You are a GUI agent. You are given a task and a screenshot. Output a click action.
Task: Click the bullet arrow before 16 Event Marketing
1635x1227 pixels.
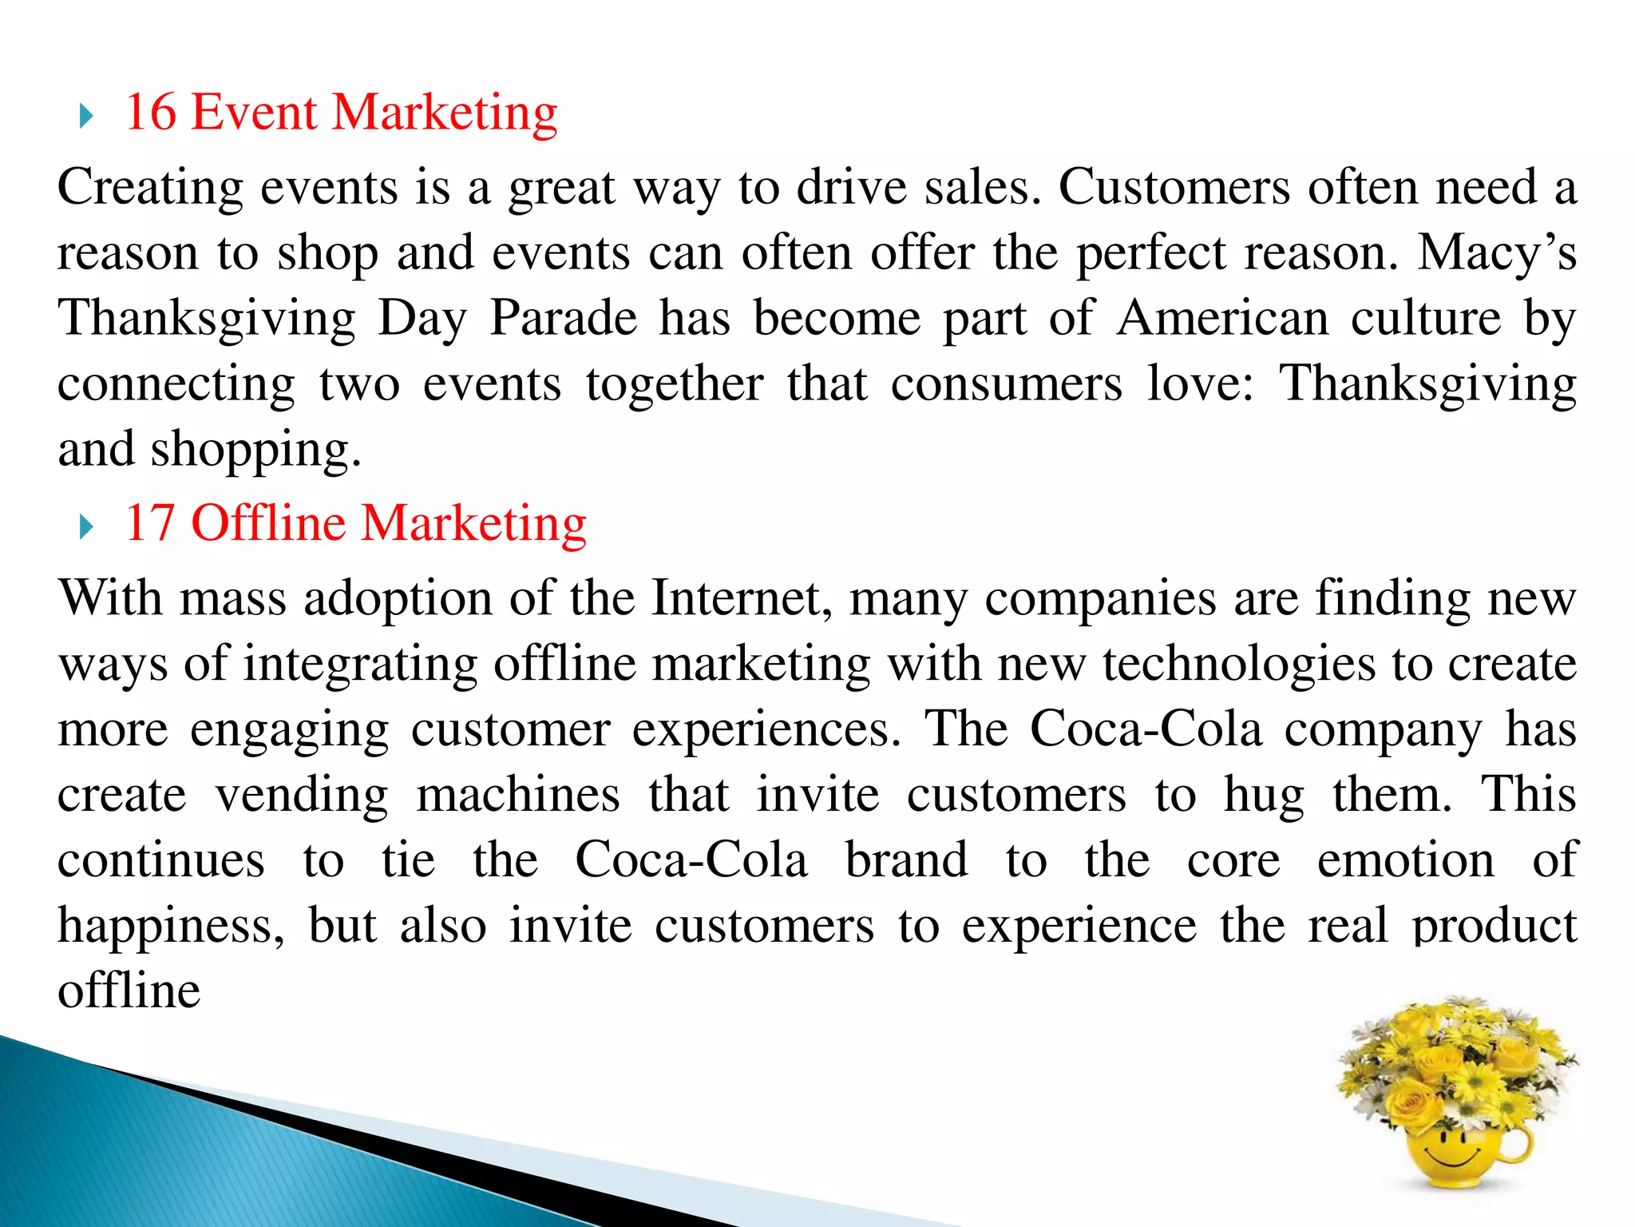(86, 117)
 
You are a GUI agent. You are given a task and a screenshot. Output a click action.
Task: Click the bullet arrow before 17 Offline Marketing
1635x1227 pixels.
(86, 528)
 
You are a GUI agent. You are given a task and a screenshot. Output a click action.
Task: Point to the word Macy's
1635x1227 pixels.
(1496, 253)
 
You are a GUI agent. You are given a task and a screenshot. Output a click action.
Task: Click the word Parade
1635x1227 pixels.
(563, 319)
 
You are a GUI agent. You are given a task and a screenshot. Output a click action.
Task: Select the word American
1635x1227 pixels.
(1222, 319)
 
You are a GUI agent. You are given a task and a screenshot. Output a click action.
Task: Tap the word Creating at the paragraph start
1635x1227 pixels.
(150, 188)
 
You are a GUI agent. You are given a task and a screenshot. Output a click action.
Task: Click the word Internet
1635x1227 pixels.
(742, 598)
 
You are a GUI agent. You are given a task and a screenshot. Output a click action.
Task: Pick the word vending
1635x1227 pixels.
(302, 795)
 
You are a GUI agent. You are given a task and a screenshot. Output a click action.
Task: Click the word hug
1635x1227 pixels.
(1264, 796)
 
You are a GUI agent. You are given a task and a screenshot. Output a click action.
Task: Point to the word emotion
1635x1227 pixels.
(1405, 860)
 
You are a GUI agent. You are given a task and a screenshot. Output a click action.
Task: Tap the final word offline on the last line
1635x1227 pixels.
(129, 991)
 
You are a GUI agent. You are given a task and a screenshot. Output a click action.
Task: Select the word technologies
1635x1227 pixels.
(1239, 664)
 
